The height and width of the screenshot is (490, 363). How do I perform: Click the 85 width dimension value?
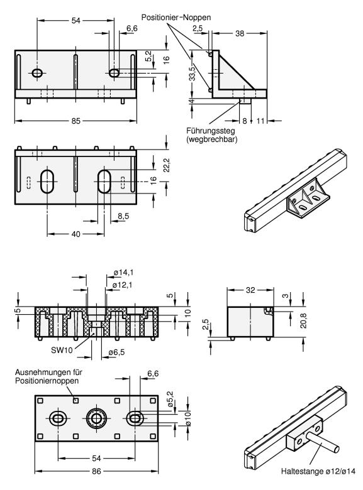pos(75,121)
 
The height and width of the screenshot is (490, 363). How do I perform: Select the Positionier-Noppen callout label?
pos(176,17)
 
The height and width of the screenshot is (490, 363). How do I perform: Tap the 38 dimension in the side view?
pos(240,33)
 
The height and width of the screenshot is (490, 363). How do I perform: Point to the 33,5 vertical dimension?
pos(192,72)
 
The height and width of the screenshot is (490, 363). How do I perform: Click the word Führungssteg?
pos(210,130)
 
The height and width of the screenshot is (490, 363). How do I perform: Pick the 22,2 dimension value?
pos(167,165)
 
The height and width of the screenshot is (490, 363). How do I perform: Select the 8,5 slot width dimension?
pos(123,216)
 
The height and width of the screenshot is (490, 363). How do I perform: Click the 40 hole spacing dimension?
pos(75,234)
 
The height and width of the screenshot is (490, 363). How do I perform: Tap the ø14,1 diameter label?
pos(123,273)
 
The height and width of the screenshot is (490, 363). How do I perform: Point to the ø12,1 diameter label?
pos(122,285)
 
